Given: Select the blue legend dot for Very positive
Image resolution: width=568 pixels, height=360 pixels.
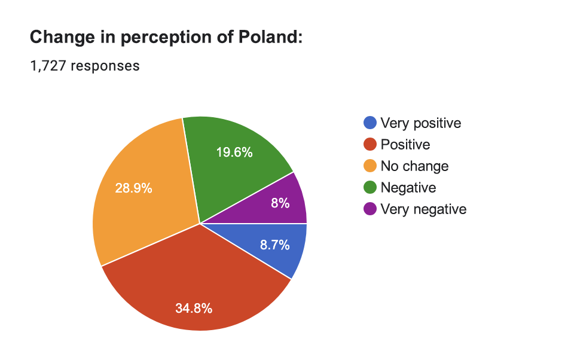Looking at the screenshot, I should [x=370, y=123].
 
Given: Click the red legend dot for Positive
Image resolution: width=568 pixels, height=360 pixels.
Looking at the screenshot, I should [x=370, y=145].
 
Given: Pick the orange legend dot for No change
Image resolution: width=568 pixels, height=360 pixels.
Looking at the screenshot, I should [x=370, y=166].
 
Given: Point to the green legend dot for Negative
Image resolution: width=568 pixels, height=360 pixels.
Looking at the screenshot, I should [x=370, y=188].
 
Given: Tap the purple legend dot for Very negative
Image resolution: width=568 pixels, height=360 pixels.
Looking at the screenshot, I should [x=370, y=209].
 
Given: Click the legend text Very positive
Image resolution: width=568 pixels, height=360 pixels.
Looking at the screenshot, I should [x=421, y=123].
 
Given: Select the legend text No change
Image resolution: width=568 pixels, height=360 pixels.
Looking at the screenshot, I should [x=414, y=166].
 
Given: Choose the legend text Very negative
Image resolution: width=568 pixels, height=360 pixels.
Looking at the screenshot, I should [x=423, y=209].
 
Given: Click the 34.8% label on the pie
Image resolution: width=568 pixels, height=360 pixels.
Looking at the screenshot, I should [x=194, y=309].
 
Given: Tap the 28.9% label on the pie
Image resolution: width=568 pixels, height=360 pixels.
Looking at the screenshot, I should [x=133, y=188].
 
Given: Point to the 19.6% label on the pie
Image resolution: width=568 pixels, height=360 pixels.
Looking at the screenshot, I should [x=234, y=152].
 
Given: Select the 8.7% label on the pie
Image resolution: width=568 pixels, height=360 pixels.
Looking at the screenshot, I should [x=275, y=245].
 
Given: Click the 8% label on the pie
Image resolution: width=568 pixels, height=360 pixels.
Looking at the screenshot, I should [x=280, y=203].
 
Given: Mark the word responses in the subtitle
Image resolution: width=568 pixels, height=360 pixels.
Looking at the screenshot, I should [x=105, y=66].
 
